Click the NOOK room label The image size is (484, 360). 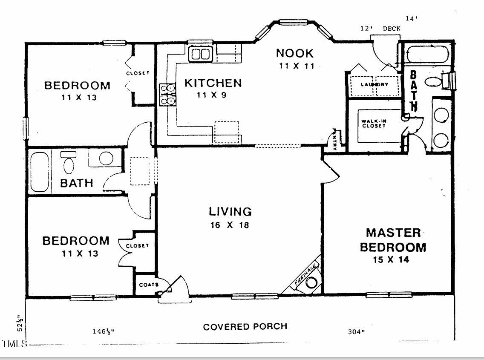[295, 53]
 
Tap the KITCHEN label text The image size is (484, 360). [213, 83]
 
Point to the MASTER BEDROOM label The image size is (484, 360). [393, 240]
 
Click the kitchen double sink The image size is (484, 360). [200, 54]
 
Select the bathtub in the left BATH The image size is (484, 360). [40, 171]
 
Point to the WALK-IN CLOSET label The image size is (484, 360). [374, 124]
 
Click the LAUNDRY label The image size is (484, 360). [375, 84]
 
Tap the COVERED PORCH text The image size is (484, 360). [245, 327]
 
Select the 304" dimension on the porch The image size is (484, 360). [356, 332]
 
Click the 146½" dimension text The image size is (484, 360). [104, 331]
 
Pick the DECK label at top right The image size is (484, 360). [392, 29]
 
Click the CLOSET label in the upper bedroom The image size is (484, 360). [138, 73]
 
